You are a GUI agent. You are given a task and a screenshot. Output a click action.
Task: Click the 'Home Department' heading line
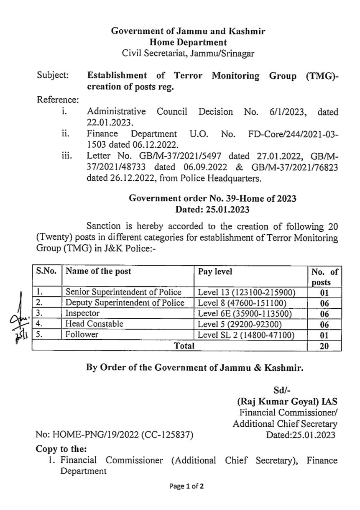188,42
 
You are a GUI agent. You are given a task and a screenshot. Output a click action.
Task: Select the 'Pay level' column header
215,271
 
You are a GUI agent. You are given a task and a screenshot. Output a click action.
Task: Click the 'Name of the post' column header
98,271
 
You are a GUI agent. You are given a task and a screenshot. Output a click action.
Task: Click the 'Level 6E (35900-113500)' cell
245,313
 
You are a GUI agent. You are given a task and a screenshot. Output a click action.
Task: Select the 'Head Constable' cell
94,323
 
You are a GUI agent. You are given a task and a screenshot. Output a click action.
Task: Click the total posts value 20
324,346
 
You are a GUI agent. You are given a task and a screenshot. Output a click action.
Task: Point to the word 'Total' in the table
184,346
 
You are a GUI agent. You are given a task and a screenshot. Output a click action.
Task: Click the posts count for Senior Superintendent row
324,292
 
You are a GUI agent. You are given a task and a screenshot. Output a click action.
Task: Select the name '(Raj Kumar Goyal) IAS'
287,402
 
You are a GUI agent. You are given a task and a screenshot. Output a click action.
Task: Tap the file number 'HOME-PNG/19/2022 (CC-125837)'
115,435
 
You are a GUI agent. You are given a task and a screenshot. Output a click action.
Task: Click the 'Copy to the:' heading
61,449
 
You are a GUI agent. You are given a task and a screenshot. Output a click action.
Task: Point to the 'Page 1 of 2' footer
186,486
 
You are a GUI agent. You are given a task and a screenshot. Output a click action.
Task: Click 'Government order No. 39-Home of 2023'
212,198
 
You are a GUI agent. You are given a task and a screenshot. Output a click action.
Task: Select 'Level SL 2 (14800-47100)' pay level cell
246,335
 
